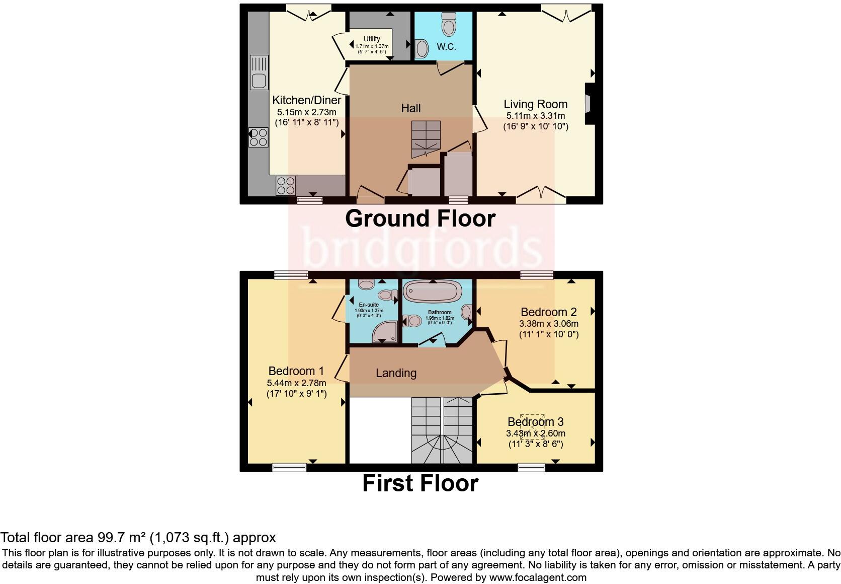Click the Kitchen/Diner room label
tap(306, 100)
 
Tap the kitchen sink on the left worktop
tap(259, 80)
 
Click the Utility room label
tap(372, 39)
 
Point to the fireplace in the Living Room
tap(588, 103)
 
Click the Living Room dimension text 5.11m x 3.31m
tap(536, 116)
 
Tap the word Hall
tap(411, 108)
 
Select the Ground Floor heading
tap(420, 218)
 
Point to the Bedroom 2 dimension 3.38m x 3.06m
tap(548, 323)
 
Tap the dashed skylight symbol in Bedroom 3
tap(532, 427)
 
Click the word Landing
tap(396, 373)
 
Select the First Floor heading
tap(420, 483)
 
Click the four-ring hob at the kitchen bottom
tap(286, 186)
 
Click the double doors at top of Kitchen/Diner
tap(308, 14)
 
